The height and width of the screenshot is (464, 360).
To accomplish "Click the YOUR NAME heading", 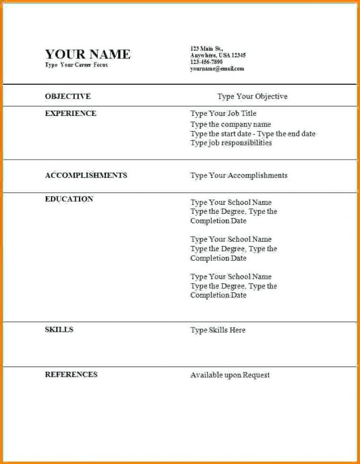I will (87, 54).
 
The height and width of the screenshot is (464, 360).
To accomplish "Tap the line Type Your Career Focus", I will (76, 65).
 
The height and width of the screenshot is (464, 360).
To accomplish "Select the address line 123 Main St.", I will (206, 48).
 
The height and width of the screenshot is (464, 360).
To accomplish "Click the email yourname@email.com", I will (217, 68).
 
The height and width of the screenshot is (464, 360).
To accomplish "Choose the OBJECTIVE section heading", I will (67, 96).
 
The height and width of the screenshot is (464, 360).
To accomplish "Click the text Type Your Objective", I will (252, 96).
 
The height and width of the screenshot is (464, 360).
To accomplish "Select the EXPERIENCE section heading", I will (71, 113).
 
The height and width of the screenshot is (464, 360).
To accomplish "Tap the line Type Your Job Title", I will (223, 113).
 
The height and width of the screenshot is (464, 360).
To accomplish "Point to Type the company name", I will (231, 124).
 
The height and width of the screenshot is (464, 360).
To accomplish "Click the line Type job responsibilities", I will (231, 143).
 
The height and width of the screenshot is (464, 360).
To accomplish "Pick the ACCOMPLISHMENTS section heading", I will (86, 175).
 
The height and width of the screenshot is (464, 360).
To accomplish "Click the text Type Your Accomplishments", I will (238, 175).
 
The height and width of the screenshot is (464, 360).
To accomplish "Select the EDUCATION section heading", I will (69, 199).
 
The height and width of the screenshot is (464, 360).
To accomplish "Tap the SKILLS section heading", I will (59, 330).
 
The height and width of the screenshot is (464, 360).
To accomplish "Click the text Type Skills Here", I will (217, 330).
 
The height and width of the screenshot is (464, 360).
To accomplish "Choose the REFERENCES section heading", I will (71, 374).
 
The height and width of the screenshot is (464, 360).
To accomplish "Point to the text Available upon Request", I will (229, 375).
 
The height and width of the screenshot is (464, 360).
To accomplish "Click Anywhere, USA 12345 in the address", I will (217, 55).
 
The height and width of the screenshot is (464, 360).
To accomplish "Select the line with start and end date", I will (253, 134).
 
